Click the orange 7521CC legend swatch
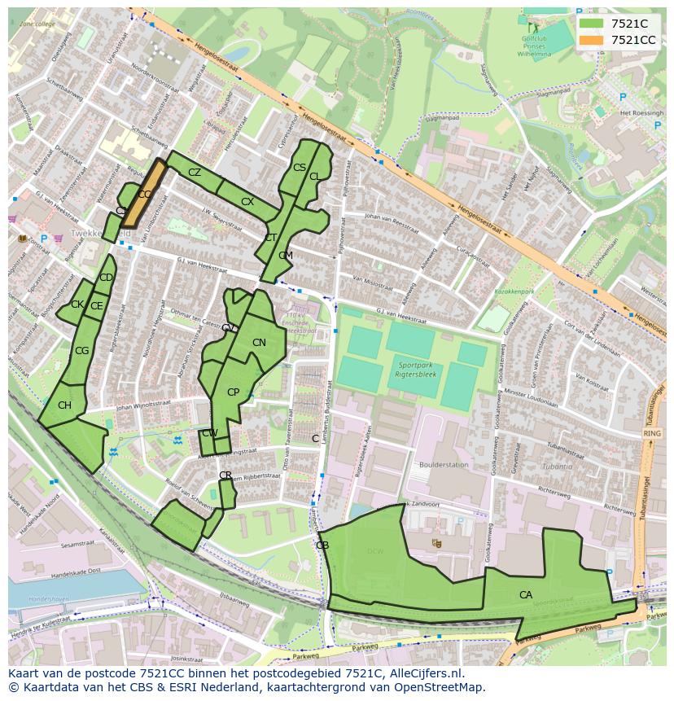[x=592, y=40]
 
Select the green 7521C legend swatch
[x=592, y=24]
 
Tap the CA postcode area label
[x=526, y=595]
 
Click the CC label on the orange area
[x=145, y=195]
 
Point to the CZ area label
[x=195, y=173]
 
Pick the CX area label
[x=247, y=202]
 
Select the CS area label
[x=299, y=168]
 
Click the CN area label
[x=259, y=343]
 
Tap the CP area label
[x=233, y=392]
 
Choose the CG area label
[x=81, y=351]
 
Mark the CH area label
[x=64, y=405]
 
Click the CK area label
[x=77, y=304]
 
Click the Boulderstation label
[x=444, y=465]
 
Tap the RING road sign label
[x=651, y=434]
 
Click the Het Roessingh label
[x=642, y=113]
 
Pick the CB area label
[x=322, y=545]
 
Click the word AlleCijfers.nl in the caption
[x=424, y=674]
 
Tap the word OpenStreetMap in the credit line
[x=440, y=687]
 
